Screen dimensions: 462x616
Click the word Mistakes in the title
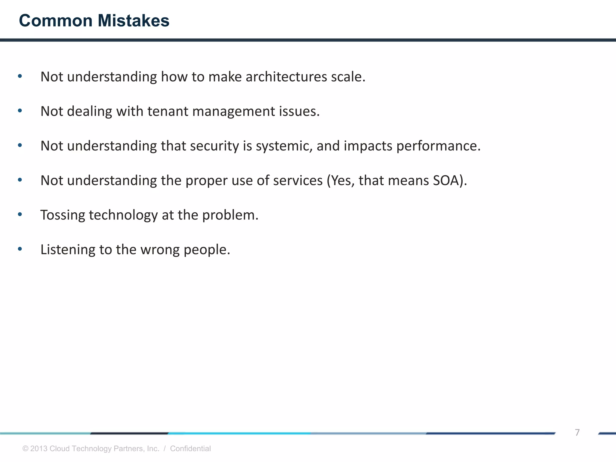(133, 21)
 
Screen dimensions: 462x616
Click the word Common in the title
(56, 21)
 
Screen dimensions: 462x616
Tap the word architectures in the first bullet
(286, 77)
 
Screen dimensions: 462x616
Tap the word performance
(438, 146)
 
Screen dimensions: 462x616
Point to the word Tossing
(63, 216)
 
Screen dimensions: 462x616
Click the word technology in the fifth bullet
(123, 216)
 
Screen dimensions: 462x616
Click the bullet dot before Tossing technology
(20, 214)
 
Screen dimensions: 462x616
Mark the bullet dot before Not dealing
(20, 111)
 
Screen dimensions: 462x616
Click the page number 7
(577, 432)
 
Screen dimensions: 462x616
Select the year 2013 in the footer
(39, 448)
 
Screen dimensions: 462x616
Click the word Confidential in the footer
(190, 448)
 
